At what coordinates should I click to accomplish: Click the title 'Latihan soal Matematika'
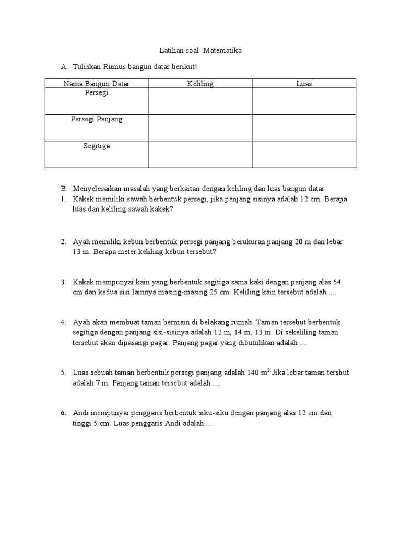tap(200, 51)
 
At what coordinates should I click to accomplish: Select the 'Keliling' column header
tap(200, 84)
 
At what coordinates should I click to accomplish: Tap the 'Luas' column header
tap(304, 84)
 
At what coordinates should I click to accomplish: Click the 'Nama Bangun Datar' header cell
tap(97, 84)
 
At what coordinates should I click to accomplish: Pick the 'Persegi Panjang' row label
tap(97, 119)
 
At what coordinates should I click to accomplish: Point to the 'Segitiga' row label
tap(97, 146)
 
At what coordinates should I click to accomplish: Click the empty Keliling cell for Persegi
tap(200, 101)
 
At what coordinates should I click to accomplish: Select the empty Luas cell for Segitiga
tap(304, 155)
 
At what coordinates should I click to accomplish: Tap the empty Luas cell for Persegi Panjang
tap(304, 128)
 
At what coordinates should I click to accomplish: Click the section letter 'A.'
tap(64, 67)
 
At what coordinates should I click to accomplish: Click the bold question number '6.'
tap(63, 413)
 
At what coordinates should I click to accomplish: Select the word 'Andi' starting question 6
tap(81, 413)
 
